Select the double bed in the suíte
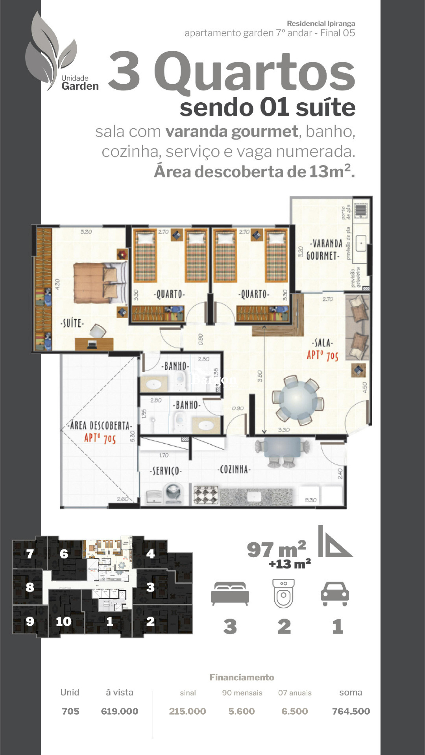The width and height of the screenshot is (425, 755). click(100, 283)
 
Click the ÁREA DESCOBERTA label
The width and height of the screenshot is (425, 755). click(100, 426)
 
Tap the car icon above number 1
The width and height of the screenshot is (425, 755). click(335, 594)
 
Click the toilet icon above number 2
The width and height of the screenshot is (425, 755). click(283, 593)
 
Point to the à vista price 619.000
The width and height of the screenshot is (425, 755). click(120, 711)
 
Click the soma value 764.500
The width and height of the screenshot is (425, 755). click(351, 711)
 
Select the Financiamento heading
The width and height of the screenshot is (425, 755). click(242, 677)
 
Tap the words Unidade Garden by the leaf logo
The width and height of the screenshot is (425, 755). click(79, 83)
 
